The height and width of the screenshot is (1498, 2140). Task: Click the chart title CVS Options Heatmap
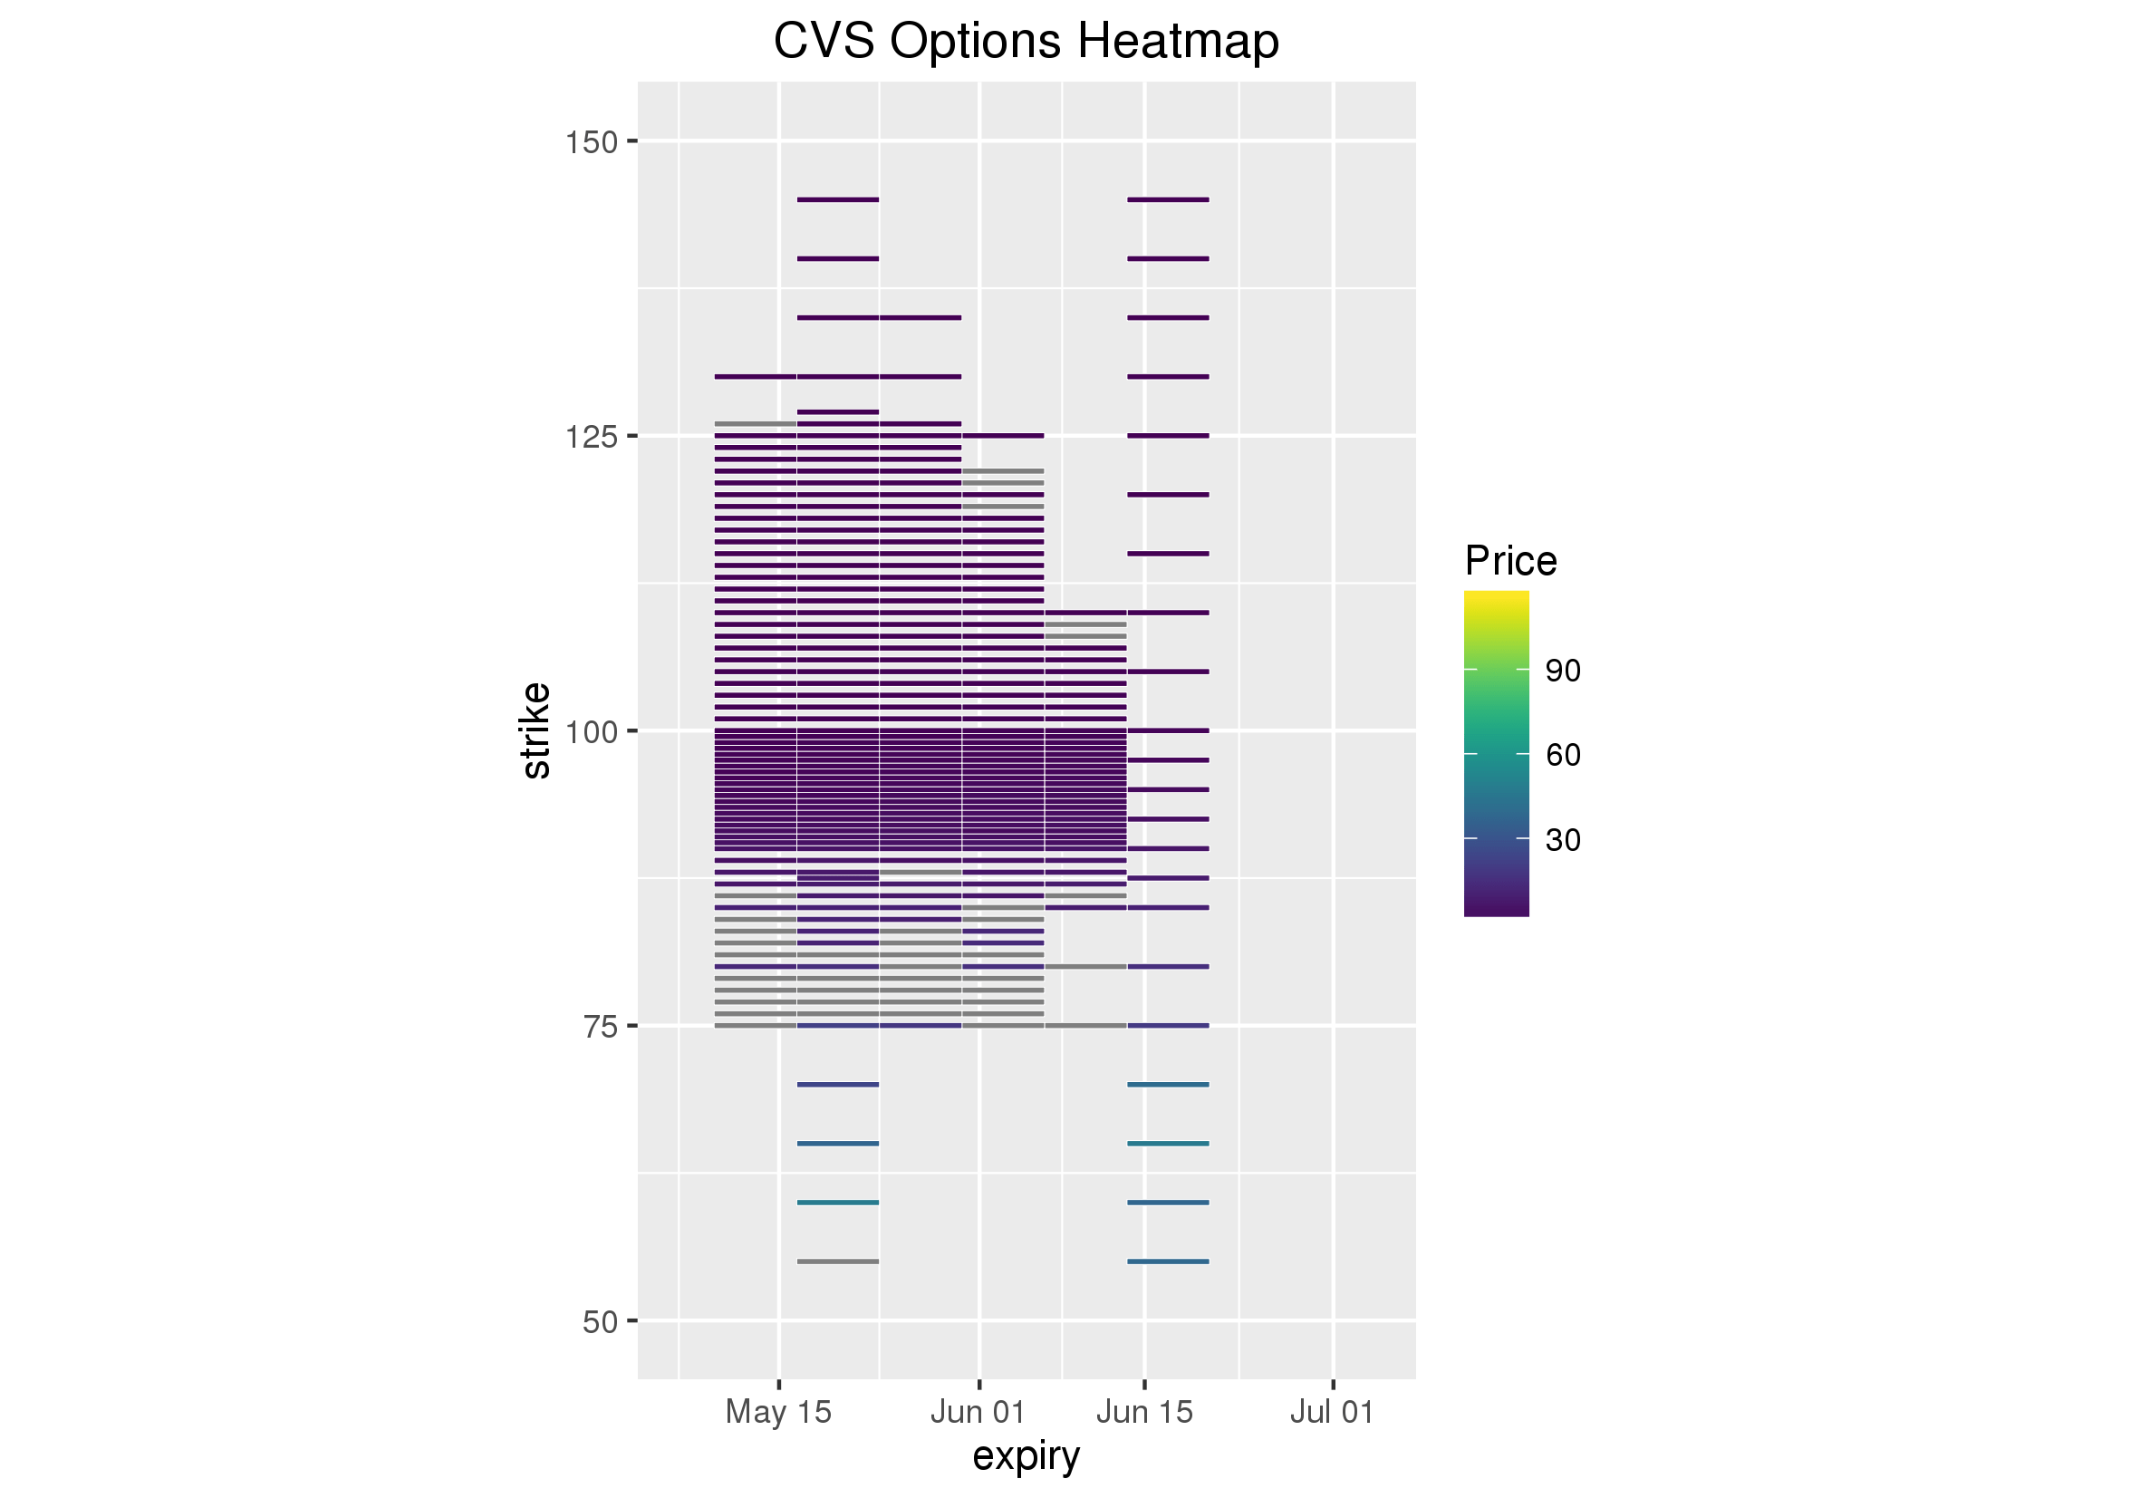click(x=1027, y=41)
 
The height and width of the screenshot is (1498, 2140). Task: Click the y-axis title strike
click(x=536, y=730)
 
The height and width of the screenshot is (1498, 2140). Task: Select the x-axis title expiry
click(x=1027, y=1455)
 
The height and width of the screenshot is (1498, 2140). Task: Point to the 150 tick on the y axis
click(x=592, y=142)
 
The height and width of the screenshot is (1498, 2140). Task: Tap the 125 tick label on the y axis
click(x=592, y=437)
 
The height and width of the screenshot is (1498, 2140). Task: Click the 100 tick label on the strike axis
click(x=592, y=731)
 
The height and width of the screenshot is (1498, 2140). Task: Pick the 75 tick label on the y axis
click(x=601, y=1027)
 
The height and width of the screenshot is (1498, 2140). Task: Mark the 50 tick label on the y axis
click(x=601, y=1322)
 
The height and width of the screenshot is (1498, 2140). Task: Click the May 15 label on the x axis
click(x=778, y=1411)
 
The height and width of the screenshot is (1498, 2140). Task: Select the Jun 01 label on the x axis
click(x=978, y=1411)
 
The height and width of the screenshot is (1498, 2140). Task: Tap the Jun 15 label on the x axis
click(x=1144, y=1411)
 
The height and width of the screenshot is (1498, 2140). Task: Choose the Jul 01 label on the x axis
click(x=1332, y=1411)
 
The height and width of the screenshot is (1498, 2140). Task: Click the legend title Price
click(x=1510, y=561)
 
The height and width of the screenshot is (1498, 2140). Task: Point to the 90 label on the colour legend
click(x=1563, y=672)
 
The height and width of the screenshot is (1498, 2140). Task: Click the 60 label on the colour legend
click(x=1563, y=755)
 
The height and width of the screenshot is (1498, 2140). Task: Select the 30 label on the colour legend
click(x=1563, y=840)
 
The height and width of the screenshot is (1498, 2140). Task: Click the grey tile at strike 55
click(x=838, y=1261)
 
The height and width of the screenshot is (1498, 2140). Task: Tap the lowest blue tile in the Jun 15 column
click(x=1168, y=1261)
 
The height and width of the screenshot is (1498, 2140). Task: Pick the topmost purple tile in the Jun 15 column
click(x=1168, y=199)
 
